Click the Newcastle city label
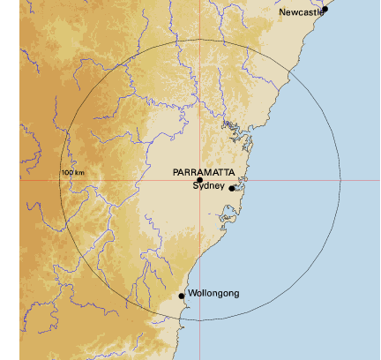pyautogui.click(x=302, y=13)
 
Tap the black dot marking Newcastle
pyautogui.click(x=325, y=9)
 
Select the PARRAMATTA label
pyautogui.click(x=204, y=171)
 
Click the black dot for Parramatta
pyautogui.click(x=199, y=180)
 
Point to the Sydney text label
pyautogui.click(x=209, y=185)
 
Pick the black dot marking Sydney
pyautogui.click(x=232, y=188)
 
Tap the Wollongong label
pyautogui.click(x=213, y=293)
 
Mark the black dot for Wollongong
pyautogui.click(x=182, y=296)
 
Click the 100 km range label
pyautogui.click(x=73, y=172)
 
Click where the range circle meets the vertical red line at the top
pyautogui.click(x=199, y=40)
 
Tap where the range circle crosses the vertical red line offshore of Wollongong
pyautogui.click(x=199, y=320)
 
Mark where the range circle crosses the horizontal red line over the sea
pyautogui.click(x=340, y=180)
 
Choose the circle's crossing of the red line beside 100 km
pyautogui.click(x=59, y=180)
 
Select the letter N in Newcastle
pyautogui.click(x=283, y=13)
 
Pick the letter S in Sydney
pyautogui.click(x=196, y=185)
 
